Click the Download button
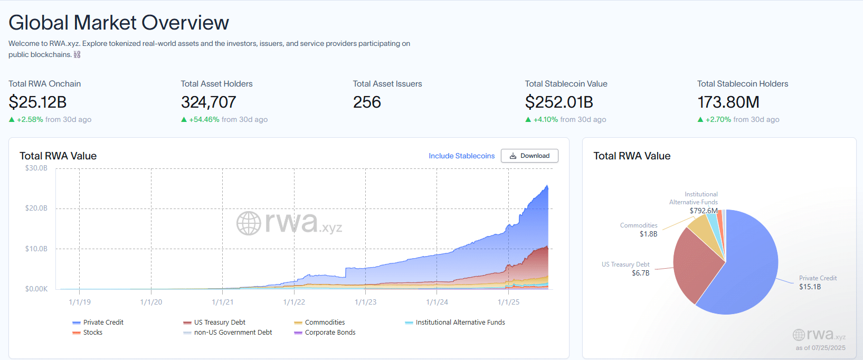(x=529, y=156)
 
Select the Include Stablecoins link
(x=461, y=156)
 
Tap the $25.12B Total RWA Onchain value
(x=37, y=102)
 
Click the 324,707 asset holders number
(x=208, y=102)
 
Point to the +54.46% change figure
(x=204, y=120)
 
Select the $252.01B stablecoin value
(x=559, y=102)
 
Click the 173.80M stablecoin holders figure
(x=728, y=102)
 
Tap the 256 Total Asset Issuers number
(x=367, y=102)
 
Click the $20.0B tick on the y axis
(x=36, y=209)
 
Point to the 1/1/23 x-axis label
(x=365, y=302)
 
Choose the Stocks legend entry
(x=92, y=333)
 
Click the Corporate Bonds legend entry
(x=330, y=333)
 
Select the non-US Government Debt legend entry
(x=233, y=333)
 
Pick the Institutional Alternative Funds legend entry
(x=460, y=323)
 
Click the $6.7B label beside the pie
(x=640, y=273)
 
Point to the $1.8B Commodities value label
(x=648, y=234)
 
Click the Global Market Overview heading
(x=119, y=23)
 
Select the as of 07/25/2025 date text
(x=820, y=348)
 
